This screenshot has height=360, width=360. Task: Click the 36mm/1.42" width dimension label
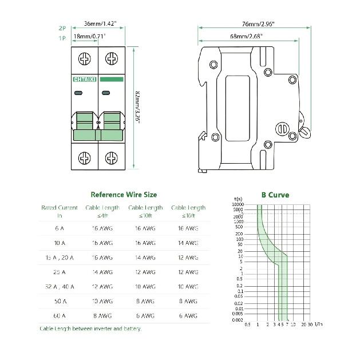100,24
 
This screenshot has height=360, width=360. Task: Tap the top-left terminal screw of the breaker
85,59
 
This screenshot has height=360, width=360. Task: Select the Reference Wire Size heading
124,195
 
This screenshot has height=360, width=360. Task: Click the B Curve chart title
275,195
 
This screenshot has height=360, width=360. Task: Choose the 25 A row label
59,272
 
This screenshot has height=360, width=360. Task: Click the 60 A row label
59,315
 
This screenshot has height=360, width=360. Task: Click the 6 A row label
59,228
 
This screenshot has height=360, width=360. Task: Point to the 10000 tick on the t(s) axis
238,204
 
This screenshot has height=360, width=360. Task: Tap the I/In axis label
318,325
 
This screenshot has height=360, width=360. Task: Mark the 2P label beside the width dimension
62,27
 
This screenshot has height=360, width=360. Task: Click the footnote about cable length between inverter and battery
90,329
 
